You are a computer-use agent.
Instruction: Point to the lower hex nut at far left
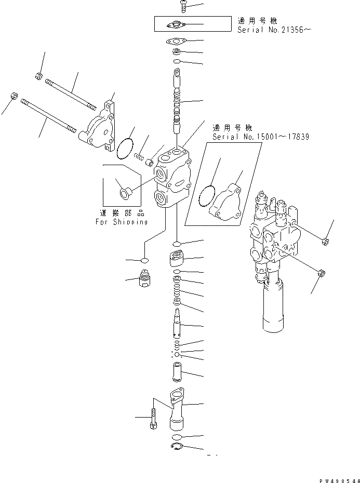click(x=14, y=97)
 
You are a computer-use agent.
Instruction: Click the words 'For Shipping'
click(x=121, y=222)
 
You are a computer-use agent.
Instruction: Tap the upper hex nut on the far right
click(x=325, y=240)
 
